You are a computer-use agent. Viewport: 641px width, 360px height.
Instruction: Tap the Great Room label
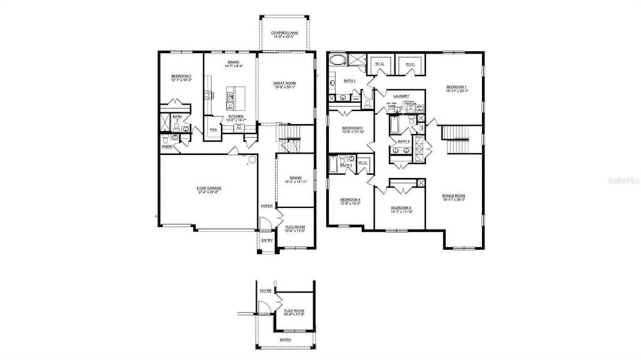(x=285, y=83)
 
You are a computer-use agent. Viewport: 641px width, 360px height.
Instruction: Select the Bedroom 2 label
(x=181, y=76)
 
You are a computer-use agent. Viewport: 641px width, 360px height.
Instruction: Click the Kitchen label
(x=235, y=116)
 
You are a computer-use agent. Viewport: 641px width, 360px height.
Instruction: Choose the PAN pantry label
(x=213, y=130)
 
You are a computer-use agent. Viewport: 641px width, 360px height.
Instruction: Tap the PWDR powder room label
(x=166, y=146)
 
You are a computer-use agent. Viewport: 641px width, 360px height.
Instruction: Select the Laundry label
(x=401, y=96)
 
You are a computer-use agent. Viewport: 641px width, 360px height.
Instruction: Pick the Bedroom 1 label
(x=456, y=87)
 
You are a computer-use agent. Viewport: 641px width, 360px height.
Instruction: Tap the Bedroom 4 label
(x=350, y=200)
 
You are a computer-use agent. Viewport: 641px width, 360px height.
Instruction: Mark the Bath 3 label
(x=346, y=165)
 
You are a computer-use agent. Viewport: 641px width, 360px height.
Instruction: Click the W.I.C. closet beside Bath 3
(x=363, y=163)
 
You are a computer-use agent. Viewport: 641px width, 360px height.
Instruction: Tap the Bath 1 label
(x=350, y=80)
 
